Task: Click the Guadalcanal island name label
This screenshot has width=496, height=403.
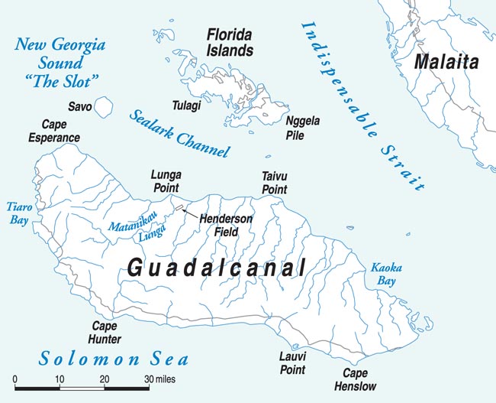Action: tap(216, 268)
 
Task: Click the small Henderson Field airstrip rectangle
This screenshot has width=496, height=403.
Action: tap(179, 207)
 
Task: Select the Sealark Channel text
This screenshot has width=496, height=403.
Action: tap(179, 133)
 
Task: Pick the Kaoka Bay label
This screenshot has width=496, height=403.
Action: tap(385, 274)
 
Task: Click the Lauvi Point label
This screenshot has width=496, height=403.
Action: tap(293, 362)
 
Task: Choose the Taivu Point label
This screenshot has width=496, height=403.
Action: tap(274, 182)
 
